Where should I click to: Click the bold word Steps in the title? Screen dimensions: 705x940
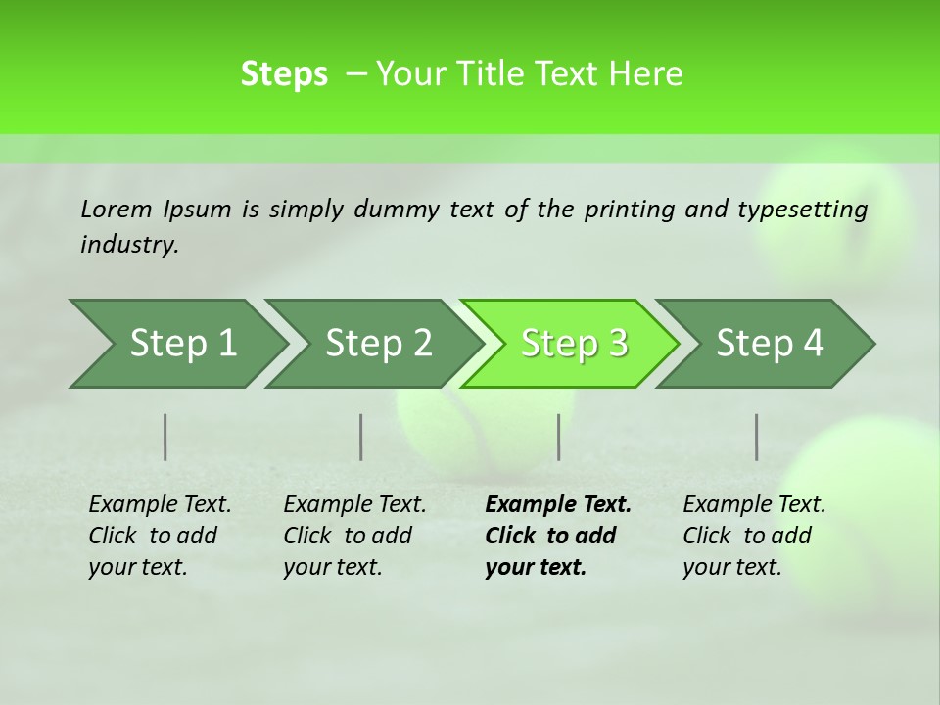click(x=284, y=73)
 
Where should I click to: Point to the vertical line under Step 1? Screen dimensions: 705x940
click(x=165, y=437)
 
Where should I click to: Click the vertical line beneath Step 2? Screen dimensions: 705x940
click(x=361, y=437)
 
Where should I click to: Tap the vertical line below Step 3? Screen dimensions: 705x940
click(x=559, y=437)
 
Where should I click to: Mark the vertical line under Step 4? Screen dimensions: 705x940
click(x=757, y=437)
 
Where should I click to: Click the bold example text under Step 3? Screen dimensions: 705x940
click(x=557, y=536)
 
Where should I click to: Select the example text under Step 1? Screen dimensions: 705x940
click(x=159, y=536)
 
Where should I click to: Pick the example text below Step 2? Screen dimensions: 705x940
click(x=353, y=536)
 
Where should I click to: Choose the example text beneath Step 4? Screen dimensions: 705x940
click(x=753, y=536)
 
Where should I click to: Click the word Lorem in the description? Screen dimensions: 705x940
click(x=117, y=210)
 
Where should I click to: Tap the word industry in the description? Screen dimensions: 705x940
click(x=128, y=245)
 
